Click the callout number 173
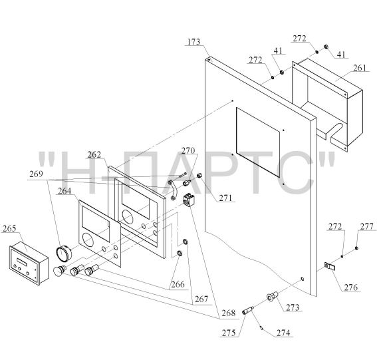[x=193, y=42]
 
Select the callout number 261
[x=360, y=68]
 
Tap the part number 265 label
[x=9, y=228]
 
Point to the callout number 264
[x=64, y=191]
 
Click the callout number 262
[x=94, y=155]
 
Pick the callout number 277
[x=366, y=226]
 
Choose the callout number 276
[x=351, y=287]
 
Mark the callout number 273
[x=293, y=307]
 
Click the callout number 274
[x=283, y=333]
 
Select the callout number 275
[x=229, y=333]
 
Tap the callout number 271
[x=225, y=198]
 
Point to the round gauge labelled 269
[x=64, y=253]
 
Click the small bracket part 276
[x=330, y=266]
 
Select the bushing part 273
[x=272, y=297]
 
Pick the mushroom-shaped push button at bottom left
[x=59, y=271]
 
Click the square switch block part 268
[x=189, y=200]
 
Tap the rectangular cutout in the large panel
[x=258, y=142]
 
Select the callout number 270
[x=188, y=150]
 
